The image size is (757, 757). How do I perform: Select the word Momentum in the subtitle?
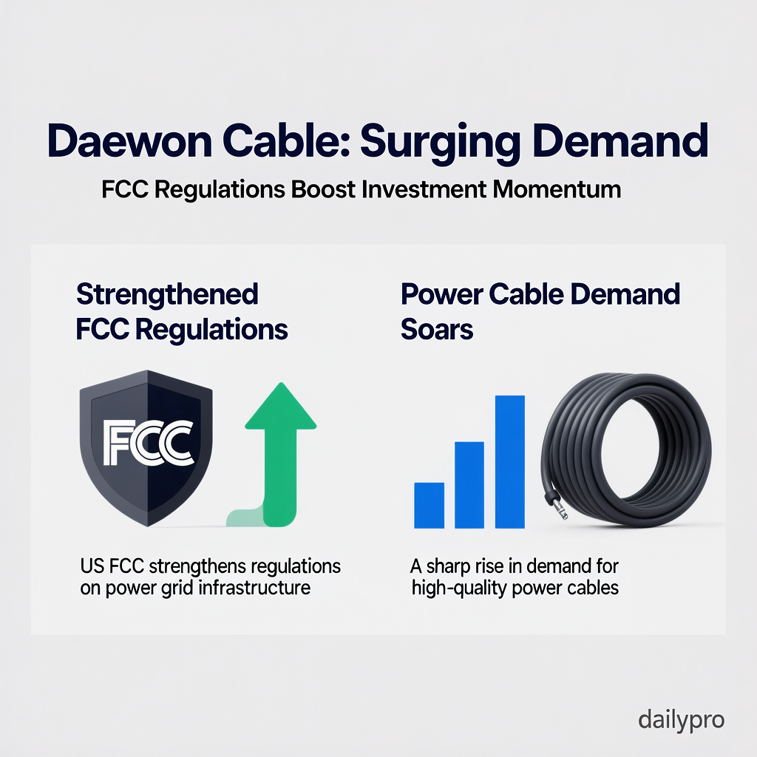(557, 189)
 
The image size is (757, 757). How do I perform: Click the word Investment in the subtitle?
(423, 189)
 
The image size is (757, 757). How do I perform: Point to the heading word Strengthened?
(167, 295)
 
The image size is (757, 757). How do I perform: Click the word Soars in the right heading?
(437, 330)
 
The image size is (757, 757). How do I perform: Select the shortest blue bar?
(429, 506)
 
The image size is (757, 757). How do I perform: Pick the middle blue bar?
(469, 485)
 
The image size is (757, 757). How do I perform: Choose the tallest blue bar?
(509, 462)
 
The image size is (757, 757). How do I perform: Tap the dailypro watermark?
(681, 719)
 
